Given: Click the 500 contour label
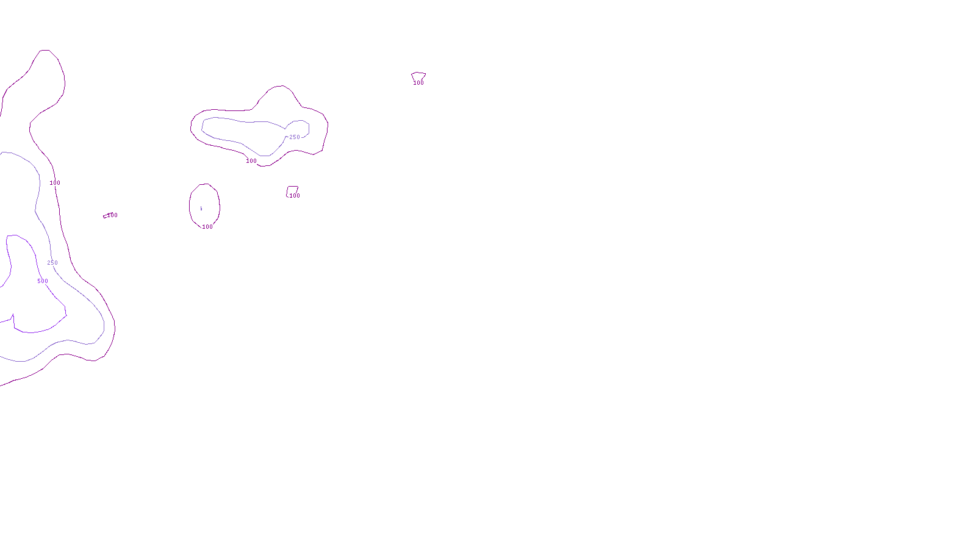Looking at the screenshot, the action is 43,281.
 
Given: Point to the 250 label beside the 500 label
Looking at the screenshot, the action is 52,263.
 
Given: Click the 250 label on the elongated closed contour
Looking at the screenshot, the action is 295,137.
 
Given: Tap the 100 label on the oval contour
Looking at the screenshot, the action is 207,227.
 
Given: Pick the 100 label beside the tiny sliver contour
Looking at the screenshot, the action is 113,215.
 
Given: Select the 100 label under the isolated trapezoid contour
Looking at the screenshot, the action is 418,83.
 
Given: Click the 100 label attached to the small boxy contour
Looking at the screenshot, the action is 295,196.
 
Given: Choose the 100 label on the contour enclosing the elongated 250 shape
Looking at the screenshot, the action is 251,161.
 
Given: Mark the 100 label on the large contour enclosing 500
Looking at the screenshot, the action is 55,183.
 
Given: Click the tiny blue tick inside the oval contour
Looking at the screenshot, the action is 201,209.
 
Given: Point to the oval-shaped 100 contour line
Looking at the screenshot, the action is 190,204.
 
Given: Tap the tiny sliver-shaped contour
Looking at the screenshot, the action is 106,216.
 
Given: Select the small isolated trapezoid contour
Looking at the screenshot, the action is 418,74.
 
